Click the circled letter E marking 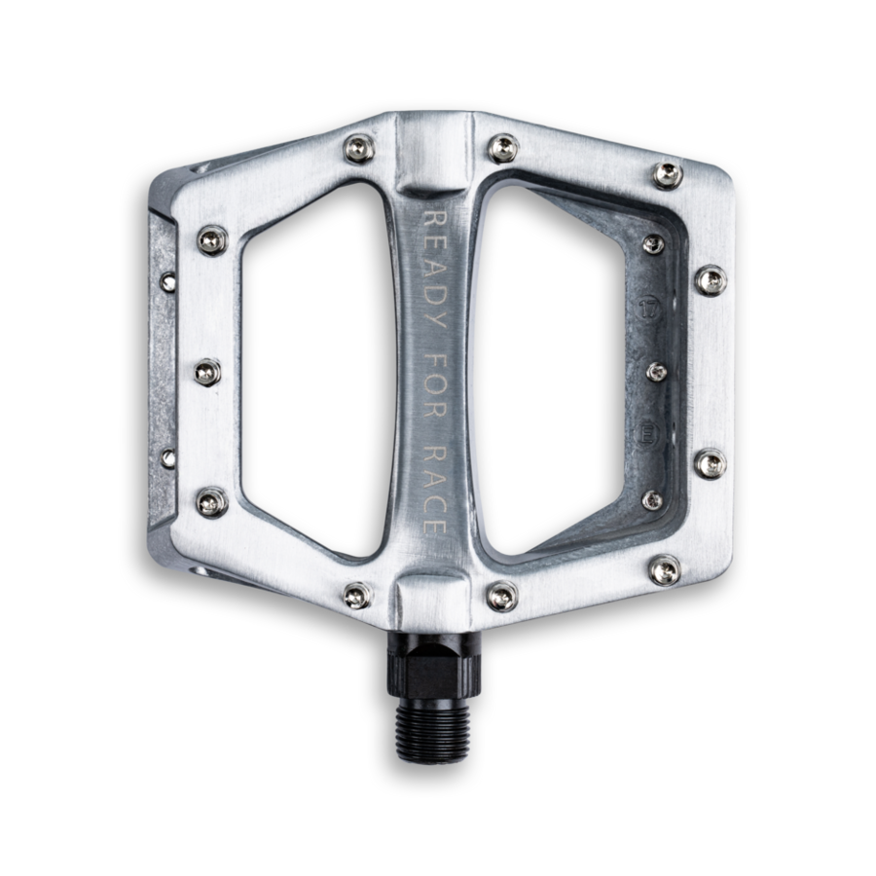648,434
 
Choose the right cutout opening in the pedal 553,369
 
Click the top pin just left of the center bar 358,148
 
